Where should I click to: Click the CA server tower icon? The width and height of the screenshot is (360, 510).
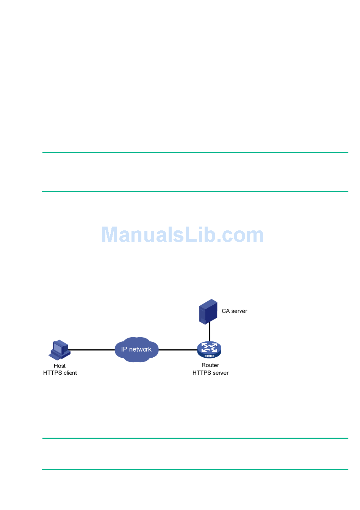[x=208, y=311]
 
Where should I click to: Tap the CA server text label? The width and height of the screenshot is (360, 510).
[x=234, y=311]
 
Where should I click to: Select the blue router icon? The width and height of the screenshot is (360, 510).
[x=209, y=350]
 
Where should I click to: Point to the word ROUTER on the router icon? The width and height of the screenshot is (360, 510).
[x=209, y=356]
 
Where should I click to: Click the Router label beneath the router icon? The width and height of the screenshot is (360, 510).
[x=210, y=365]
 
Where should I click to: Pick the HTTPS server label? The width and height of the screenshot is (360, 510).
[x=210, y=373]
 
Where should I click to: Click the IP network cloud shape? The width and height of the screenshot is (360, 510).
[x=136, y=349]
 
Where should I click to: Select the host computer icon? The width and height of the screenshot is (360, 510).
[x=59, y=350]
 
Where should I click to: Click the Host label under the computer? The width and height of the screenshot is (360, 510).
[x=59, y=366]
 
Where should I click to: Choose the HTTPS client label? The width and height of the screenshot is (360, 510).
[x=60, y=373]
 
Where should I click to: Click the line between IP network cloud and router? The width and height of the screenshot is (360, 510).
[x=177, y=350]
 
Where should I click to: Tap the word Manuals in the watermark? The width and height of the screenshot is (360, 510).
[x=142, y=235]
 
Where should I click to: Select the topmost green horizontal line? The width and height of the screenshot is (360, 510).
[x=195, y=153]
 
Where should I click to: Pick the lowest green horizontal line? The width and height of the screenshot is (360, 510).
[x=195, y=469]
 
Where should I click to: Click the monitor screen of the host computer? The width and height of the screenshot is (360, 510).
[x=58, y=347]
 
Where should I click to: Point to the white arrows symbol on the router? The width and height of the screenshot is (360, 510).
[x=209, y=347]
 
